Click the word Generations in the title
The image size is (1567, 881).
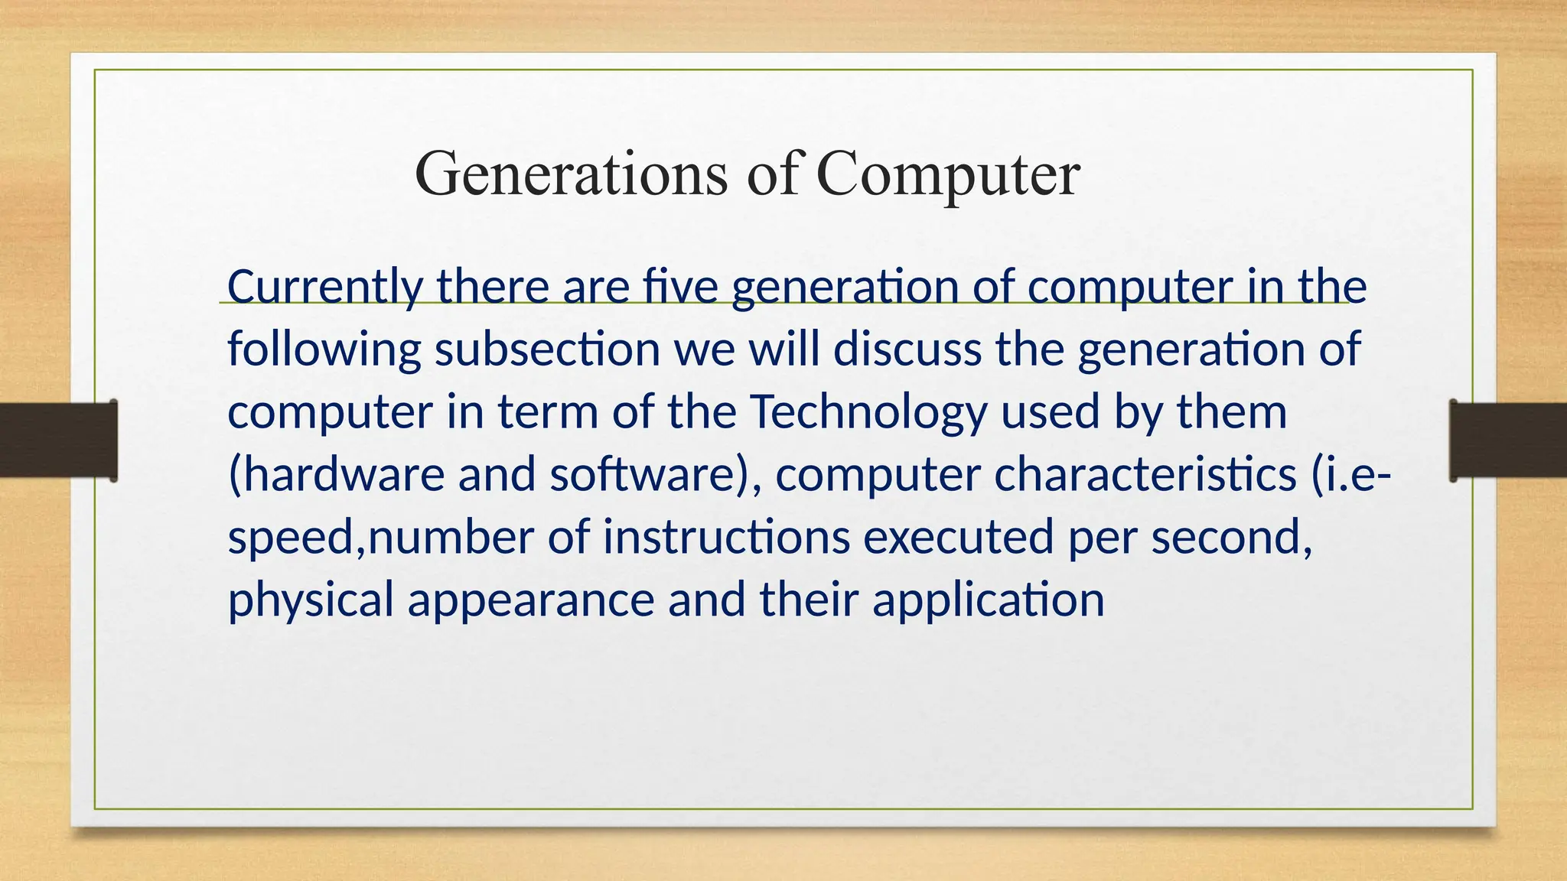[571, 174]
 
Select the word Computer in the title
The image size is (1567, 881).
[948, 174]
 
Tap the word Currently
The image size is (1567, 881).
[325, 288]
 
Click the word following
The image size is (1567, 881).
[324, 350]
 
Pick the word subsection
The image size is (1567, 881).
[547, 349]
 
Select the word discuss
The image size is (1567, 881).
[907, 349]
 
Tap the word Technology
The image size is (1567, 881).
[868, 413]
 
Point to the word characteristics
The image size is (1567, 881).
[1145, 474]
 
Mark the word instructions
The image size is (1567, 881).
[726, 537]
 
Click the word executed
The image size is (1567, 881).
[959, 537]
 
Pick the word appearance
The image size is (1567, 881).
[531, 600]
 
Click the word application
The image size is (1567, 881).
[989, 600]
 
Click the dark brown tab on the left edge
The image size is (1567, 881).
[58, 440]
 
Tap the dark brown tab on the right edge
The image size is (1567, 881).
[1508, 440]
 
